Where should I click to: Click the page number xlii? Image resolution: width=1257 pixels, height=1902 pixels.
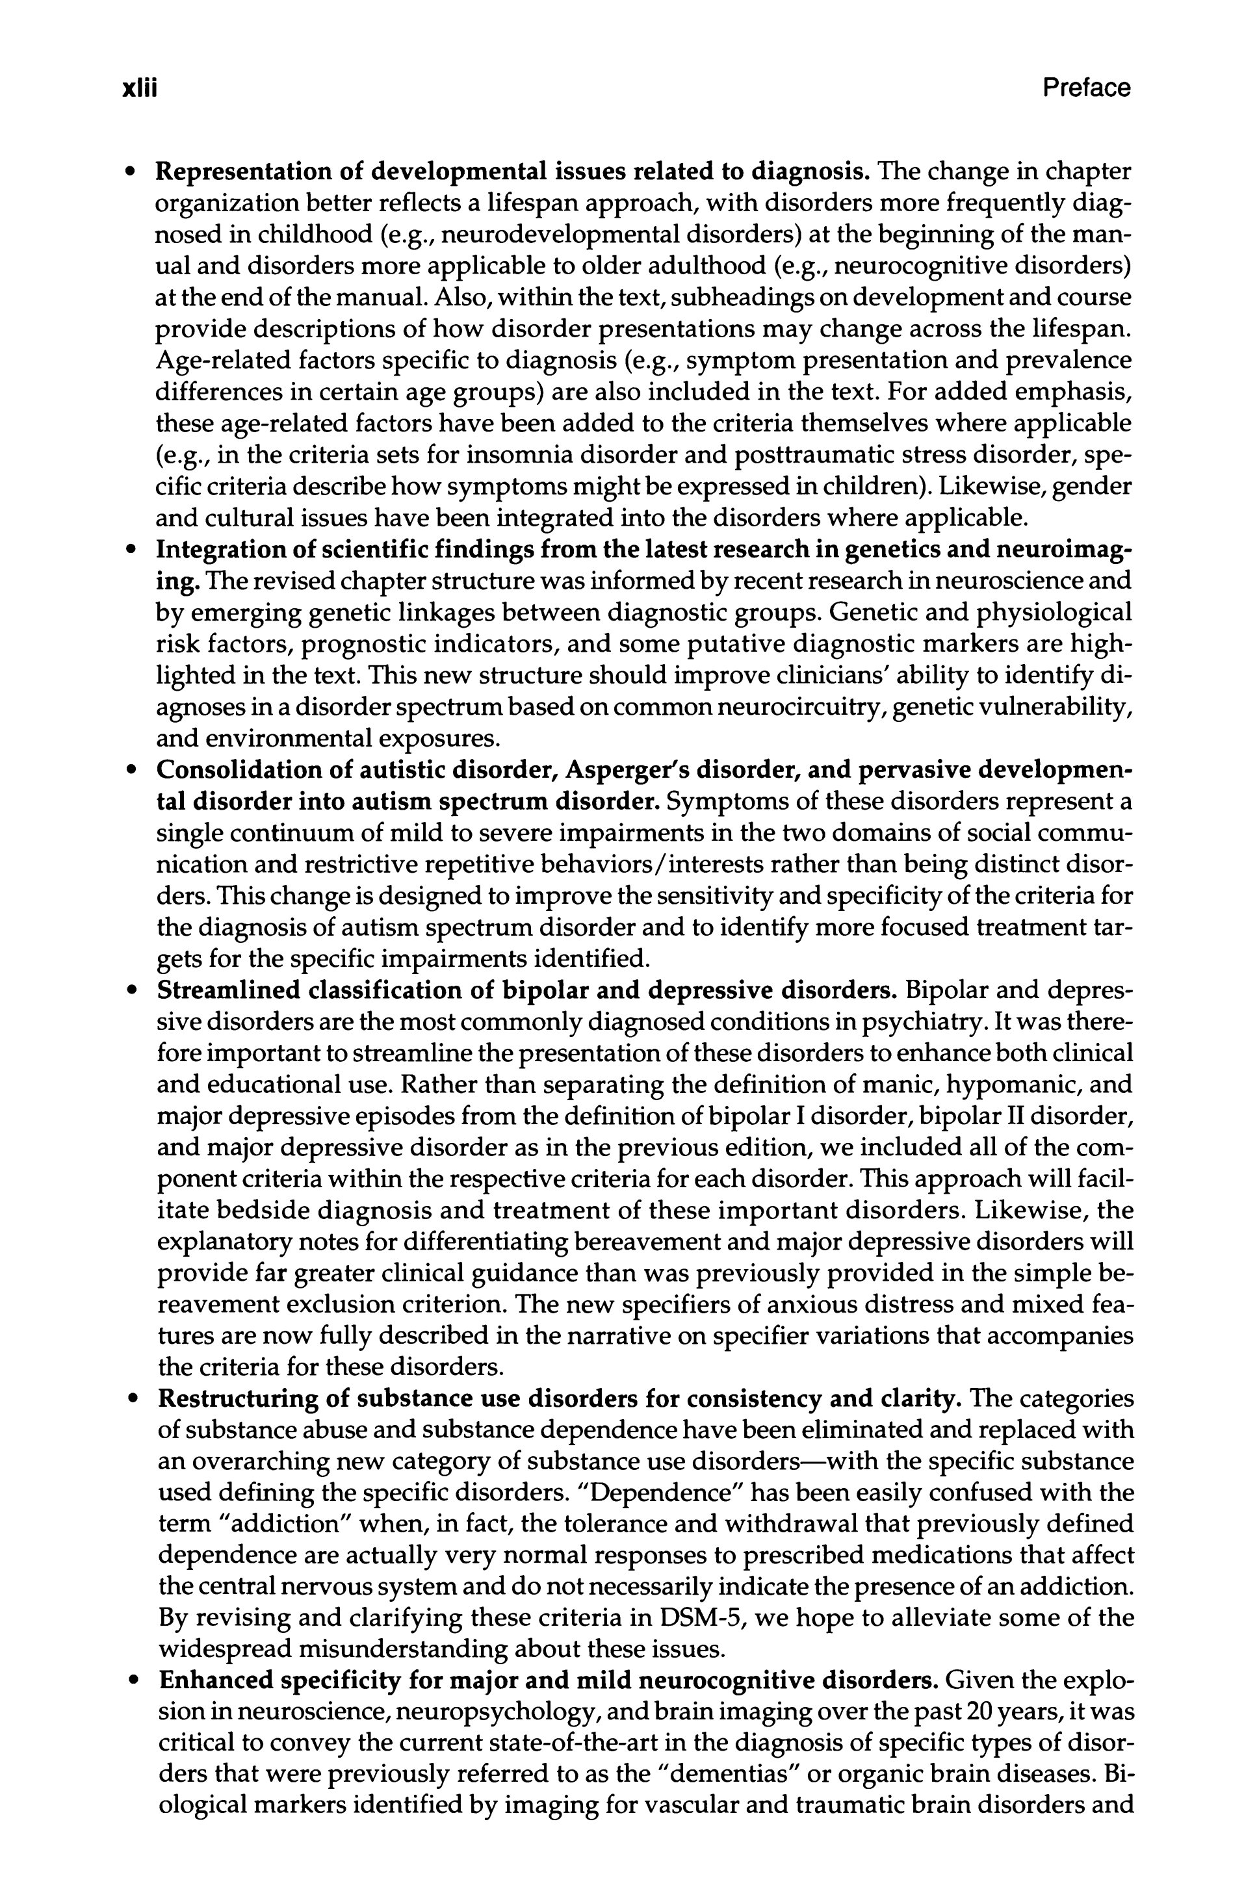tap(138, 88)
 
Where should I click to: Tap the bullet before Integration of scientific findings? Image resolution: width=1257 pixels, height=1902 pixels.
tap(131, 552)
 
